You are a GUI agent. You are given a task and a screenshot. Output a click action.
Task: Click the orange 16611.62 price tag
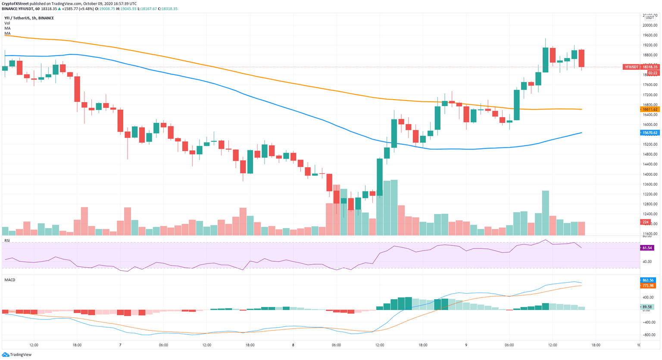pos(650,110)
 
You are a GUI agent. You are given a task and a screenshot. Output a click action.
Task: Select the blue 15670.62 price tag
pos(650,133)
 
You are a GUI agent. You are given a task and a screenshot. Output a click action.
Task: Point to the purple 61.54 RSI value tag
pos(647,248)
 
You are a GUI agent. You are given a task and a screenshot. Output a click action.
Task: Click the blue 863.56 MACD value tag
pos(648,280)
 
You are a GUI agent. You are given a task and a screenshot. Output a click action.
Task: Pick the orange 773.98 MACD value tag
pos(648,285)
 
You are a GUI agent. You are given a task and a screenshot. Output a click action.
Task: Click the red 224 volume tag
pos(646,222)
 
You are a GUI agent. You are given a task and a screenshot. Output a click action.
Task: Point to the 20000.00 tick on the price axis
pos(650,25)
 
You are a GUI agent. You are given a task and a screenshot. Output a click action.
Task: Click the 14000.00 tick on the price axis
pos(650,174)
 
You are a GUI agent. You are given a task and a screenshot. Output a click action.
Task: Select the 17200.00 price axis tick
pos(650,95)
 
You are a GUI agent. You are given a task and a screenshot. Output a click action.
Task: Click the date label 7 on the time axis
pos(120,345)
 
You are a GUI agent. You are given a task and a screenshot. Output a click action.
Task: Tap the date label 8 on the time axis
pos(293,345)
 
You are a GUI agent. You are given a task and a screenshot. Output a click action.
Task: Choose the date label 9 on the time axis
pos(466,345)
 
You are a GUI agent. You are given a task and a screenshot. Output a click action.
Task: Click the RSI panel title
pos(7,241)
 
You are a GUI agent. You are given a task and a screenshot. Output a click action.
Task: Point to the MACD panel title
pos(10,280)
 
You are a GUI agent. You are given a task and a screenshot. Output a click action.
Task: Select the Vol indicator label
pos(7,23)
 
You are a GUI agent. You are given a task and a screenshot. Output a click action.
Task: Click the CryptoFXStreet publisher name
pos(15,3)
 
